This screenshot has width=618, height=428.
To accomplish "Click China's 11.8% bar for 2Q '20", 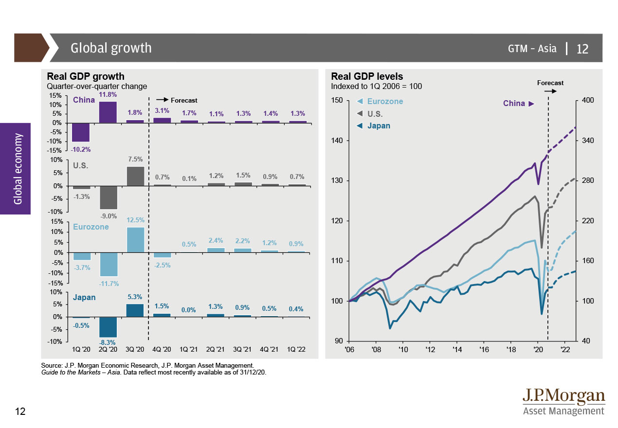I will [x=108, y=112].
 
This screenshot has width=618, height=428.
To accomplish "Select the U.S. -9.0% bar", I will [x=108, y=197].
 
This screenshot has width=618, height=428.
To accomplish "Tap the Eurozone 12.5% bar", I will [x=135, y=240].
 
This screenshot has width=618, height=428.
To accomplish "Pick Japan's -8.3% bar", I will [x=108, y=327].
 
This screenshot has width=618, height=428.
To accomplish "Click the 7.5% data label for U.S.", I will [x=135, y=159].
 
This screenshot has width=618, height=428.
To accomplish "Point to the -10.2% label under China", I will [x=80, y=148].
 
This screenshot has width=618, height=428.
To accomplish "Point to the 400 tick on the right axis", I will [x=587, y=101].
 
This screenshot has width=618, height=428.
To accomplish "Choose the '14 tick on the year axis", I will [x=456, y=349].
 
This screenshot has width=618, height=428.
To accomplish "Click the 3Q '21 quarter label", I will [x=244, y=349].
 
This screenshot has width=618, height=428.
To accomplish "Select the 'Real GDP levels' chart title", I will [x=367, y=76].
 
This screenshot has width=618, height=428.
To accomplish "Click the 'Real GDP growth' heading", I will [x=85, y=76].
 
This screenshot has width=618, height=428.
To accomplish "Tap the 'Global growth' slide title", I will [x=111, y=48].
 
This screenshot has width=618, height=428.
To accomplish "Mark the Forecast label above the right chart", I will [x=550, y=83].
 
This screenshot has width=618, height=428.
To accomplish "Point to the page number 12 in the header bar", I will [x=582, y=49].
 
